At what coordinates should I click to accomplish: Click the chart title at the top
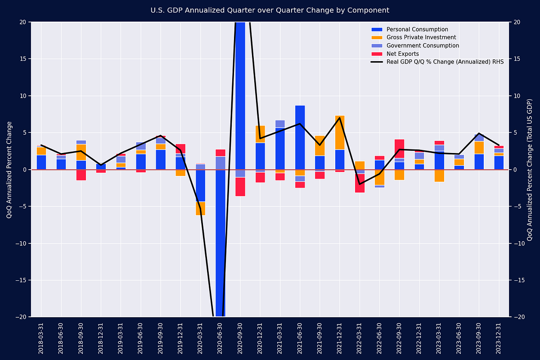[x=270, y=10]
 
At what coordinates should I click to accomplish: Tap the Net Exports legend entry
[x=402, y=54]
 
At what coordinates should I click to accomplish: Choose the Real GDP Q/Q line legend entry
[x=445, y=62]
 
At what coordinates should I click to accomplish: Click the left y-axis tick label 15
[x=22, y=59]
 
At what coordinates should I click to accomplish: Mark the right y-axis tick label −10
[x=518, y=243]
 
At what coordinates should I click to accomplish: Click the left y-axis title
[x=9, y=170]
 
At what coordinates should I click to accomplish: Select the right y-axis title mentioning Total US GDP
[x=530, y=170]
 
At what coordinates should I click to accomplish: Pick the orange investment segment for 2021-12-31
[x=340, y=132]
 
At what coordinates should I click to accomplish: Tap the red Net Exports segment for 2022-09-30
[x=400, y=148]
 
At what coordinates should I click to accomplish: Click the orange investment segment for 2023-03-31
[x=439, y=175]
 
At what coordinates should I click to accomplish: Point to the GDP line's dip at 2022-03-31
[x=360, y=184]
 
